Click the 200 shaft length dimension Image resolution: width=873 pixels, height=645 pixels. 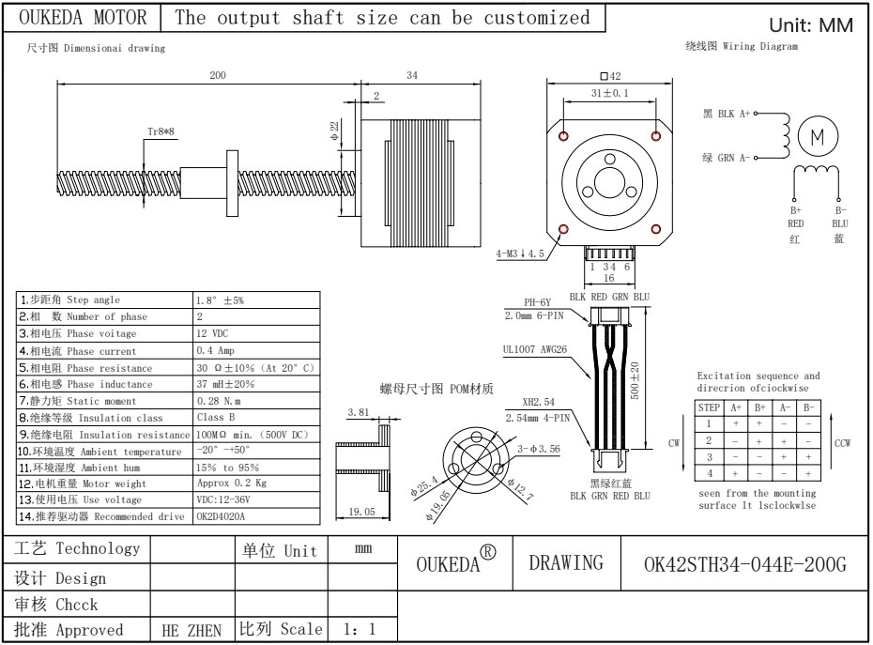(218, 76)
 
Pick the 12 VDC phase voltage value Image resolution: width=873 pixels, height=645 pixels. (215, 333)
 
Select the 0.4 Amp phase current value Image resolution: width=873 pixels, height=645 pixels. (215, 350)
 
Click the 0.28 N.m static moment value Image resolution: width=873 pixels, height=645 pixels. (219, 401)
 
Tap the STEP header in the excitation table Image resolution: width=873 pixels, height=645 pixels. (709, 407)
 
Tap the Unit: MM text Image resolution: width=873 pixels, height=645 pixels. (811, 26)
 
